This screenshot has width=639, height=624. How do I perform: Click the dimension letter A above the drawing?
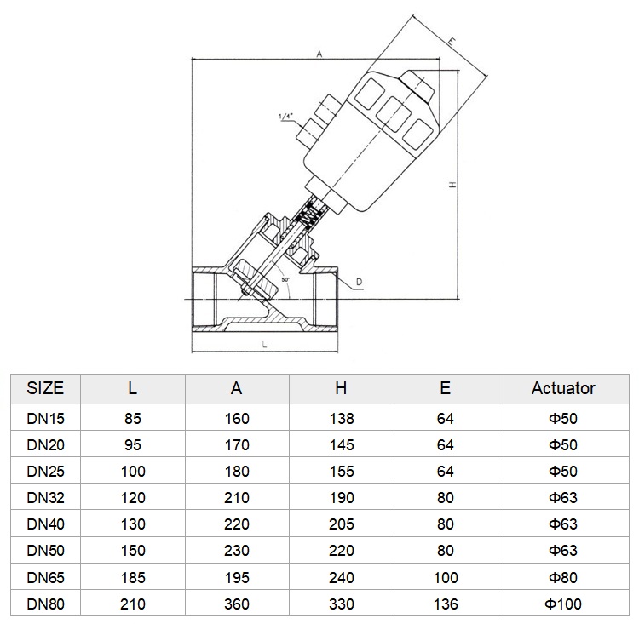click(x=319, y=54)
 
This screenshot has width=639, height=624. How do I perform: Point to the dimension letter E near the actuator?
click(x=451, y=41)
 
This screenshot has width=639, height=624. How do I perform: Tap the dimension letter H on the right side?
click(x=452, y=185)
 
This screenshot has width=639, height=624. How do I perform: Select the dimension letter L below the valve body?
click(x=264, y=345)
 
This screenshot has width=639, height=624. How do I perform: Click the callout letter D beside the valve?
click(x=359, y=282)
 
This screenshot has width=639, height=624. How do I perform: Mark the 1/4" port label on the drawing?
click(x=286, y=116)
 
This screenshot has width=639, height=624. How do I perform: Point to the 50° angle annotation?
click(x=285, y=279)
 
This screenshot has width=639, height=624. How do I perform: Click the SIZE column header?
click(x=45, y=388)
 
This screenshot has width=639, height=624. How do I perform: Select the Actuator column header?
click(x=563, y=388)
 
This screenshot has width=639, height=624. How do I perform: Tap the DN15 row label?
click(x=46, y=419)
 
